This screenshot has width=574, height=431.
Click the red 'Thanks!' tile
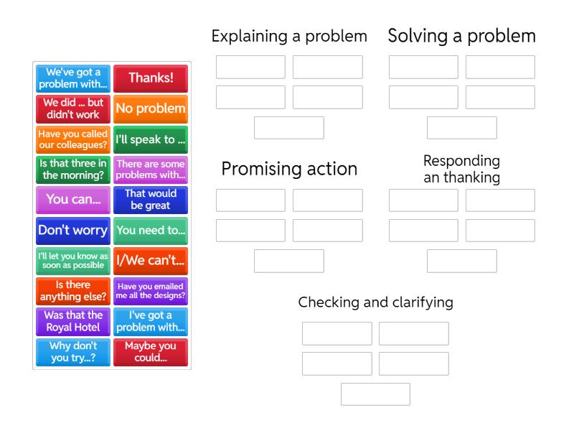(x=151, y=78)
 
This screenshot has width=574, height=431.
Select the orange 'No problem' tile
(x=151, y=108)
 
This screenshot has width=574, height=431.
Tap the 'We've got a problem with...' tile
(x=73, y=78)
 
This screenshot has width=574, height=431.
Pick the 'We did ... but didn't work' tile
(x=73, y=108)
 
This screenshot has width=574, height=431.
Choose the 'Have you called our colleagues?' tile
(x=73, y=139)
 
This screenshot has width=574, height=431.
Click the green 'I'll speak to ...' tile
(x=151, y=139)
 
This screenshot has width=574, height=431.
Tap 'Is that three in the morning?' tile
(x=73, y=170)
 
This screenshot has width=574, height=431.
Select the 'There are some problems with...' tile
(x=151, y=170)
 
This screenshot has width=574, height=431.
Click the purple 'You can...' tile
(x=73, y=200)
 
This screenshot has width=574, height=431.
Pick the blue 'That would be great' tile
(x=151, y=200)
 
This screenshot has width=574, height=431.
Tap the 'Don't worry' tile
(x=73, y=231)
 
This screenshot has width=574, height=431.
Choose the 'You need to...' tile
(x=151, y=231)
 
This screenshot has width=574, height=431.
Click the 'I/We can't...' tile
(x=151, y=261)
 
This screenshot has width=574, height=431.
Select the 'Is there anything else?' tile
(x=73, y=291)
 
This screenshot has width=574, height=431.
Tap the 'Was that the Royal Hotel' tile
(x=73, y=321)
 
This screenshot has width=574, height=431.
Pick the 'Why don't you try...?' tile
(x=73, y=352)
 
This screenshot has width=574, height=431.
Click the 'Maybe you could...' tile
(x=151, y=352)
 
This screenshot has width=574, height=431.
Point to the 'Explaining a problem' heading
(x=289, y=36)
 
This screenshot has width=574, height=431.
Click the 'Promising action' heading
(x=289, y=169)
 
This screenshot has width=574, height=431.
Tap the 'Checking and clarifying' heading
(x=375, y=302)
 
